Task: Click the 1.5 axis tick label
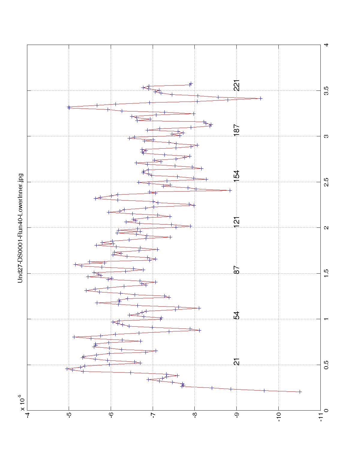(326, 273)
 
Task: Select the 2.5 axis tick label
(326, 182)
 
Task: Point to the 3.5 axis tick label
(326, 90)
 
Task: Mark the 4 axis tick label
(326, 45)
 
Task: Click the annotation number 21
(237, 362)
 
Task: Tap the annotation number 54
(237, 316)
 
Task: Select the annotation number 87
(237, 270)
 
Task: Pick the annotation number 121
(237, 222)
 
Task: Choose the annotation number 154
(237, 176)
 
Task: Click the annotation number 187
(237, 130)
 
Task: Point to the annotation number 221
(237, 86)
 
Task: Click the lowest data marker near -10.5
(300, 392)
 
